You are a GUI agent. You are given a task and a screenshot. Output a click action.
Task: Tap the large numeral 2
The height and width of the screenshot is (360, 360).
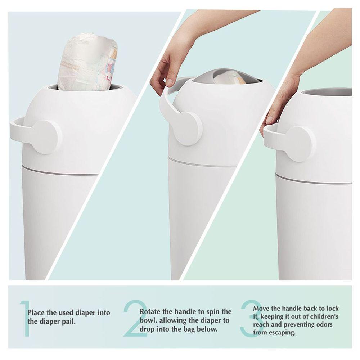135,319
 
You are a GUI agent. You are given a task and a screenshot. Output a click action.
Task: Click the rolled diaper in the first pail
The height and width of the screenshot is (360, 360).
87,62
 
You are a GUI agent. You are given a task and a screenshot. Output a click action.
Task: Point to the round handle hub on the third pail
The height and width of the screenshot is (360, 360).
300,144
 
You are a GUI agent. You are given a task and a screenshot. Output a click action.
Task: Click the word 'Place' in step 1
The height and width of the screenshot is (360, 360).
36,312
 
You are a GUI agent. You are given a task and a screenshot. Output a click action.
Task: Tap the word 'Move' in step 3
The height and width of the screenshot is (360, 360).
261,308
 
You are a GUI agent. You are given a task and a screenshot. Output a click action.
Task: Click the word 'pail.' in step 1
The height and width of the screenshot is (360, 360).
69,321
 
